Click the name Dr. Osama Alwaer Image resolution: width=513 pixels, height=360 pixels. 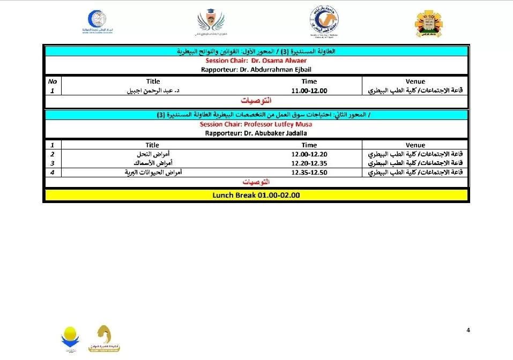(x=275, y=61)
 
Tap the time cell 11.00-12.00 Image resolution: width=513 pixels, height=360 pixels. (x=309, y=91)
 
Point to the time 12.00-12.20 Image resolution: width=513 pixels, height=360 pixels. (x=309, y=155)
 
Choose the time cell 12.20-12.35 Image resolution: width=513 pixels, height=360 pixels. (x=309, y=163)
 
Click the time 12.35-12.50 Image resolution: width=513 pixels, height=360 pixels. (x=309, y=172)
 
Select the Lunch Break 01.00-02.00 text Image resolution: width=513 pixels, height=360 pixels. (x=256, y=196)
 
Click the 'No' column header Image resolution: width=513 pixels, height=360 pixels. (x=52, y=81)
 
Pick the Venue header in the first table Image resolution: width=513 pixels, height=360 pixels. (x=415, y=81)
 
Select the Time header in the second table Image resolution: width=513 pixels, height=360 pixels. (x=309, y=145)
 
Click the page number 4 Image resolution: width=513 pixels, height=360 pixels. (x=468, y=330)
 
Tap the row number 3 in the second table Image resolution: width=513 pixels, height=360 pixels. (x=52, y=163)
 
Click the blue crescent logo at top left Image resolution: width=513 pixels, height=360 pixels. (x=97, y=21)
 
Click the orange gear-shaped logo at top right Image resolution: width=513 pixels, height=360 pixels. (x=429, y=24)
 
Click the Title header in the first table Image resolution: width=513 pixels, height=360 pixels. (x=153, y=81)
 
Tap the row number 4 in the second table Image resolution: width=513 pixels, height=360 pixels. (x=52, y=172)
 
